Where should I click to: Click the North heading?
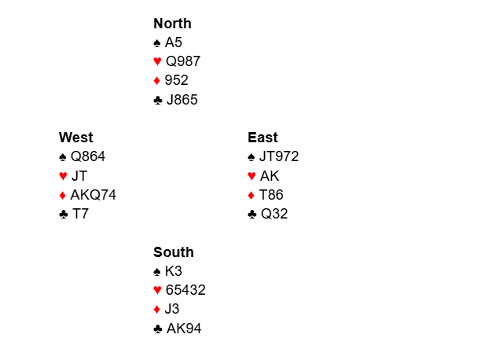(172, 24)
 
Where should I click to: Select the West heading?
(76, 138)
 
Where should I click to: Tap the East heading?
(263, 138)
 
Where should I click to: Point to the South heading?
(174, 252)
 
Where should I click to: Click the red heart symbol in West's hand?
(64, 176)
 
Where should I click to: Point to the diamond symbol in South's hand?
(156, 309)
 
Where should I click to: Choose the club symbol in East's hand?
(252, 215)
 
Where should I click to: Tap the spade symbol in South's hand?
(157, 271)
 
